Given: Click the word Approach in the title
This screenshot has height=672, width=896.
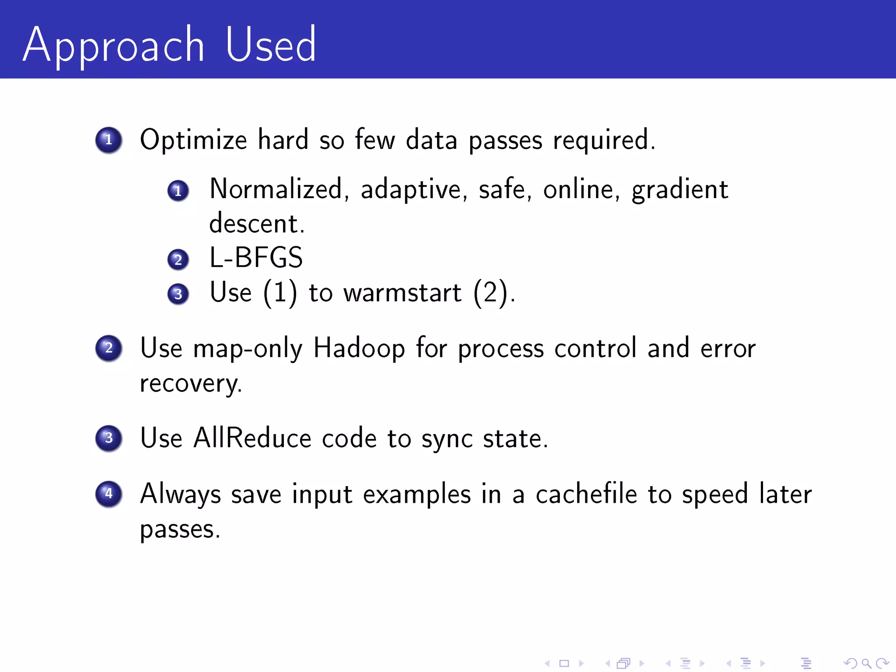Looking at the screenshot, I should click(114, 46).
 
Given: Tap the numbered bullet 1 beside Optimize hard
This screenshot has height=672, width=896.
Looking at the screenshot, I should click(108, 140).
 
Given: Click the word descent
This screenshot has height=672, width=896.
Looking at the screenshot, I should click(256, 224).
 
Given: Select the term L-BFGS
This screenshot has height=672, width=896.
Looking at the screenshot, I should click(256, 257).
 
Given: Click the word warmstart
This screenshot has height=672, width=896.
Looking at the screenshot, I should click(402, 293).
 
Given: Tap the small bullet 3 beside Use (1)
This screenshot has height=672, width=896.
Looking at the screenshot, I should click(178, 294).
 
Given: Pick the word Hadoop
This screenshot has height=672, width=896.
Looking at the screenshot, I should click(359, 349).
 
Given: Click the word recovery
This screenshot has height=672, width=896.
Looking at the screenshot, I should click(191, 384).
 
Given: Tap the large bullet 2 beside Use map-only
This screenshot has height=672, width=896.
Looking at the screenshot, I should click(108, 348).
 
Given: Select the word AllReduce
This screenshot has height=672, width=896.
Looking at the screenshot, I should click(252, 438).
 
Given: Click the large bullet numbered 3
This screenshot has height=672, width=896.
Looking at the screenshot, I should click(108, 438).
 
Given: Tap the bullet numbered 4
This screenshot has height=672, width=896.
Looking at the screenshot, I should click(108, 494).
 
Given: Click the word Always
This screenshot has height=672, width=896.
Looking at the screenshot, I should click(180, 494).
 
